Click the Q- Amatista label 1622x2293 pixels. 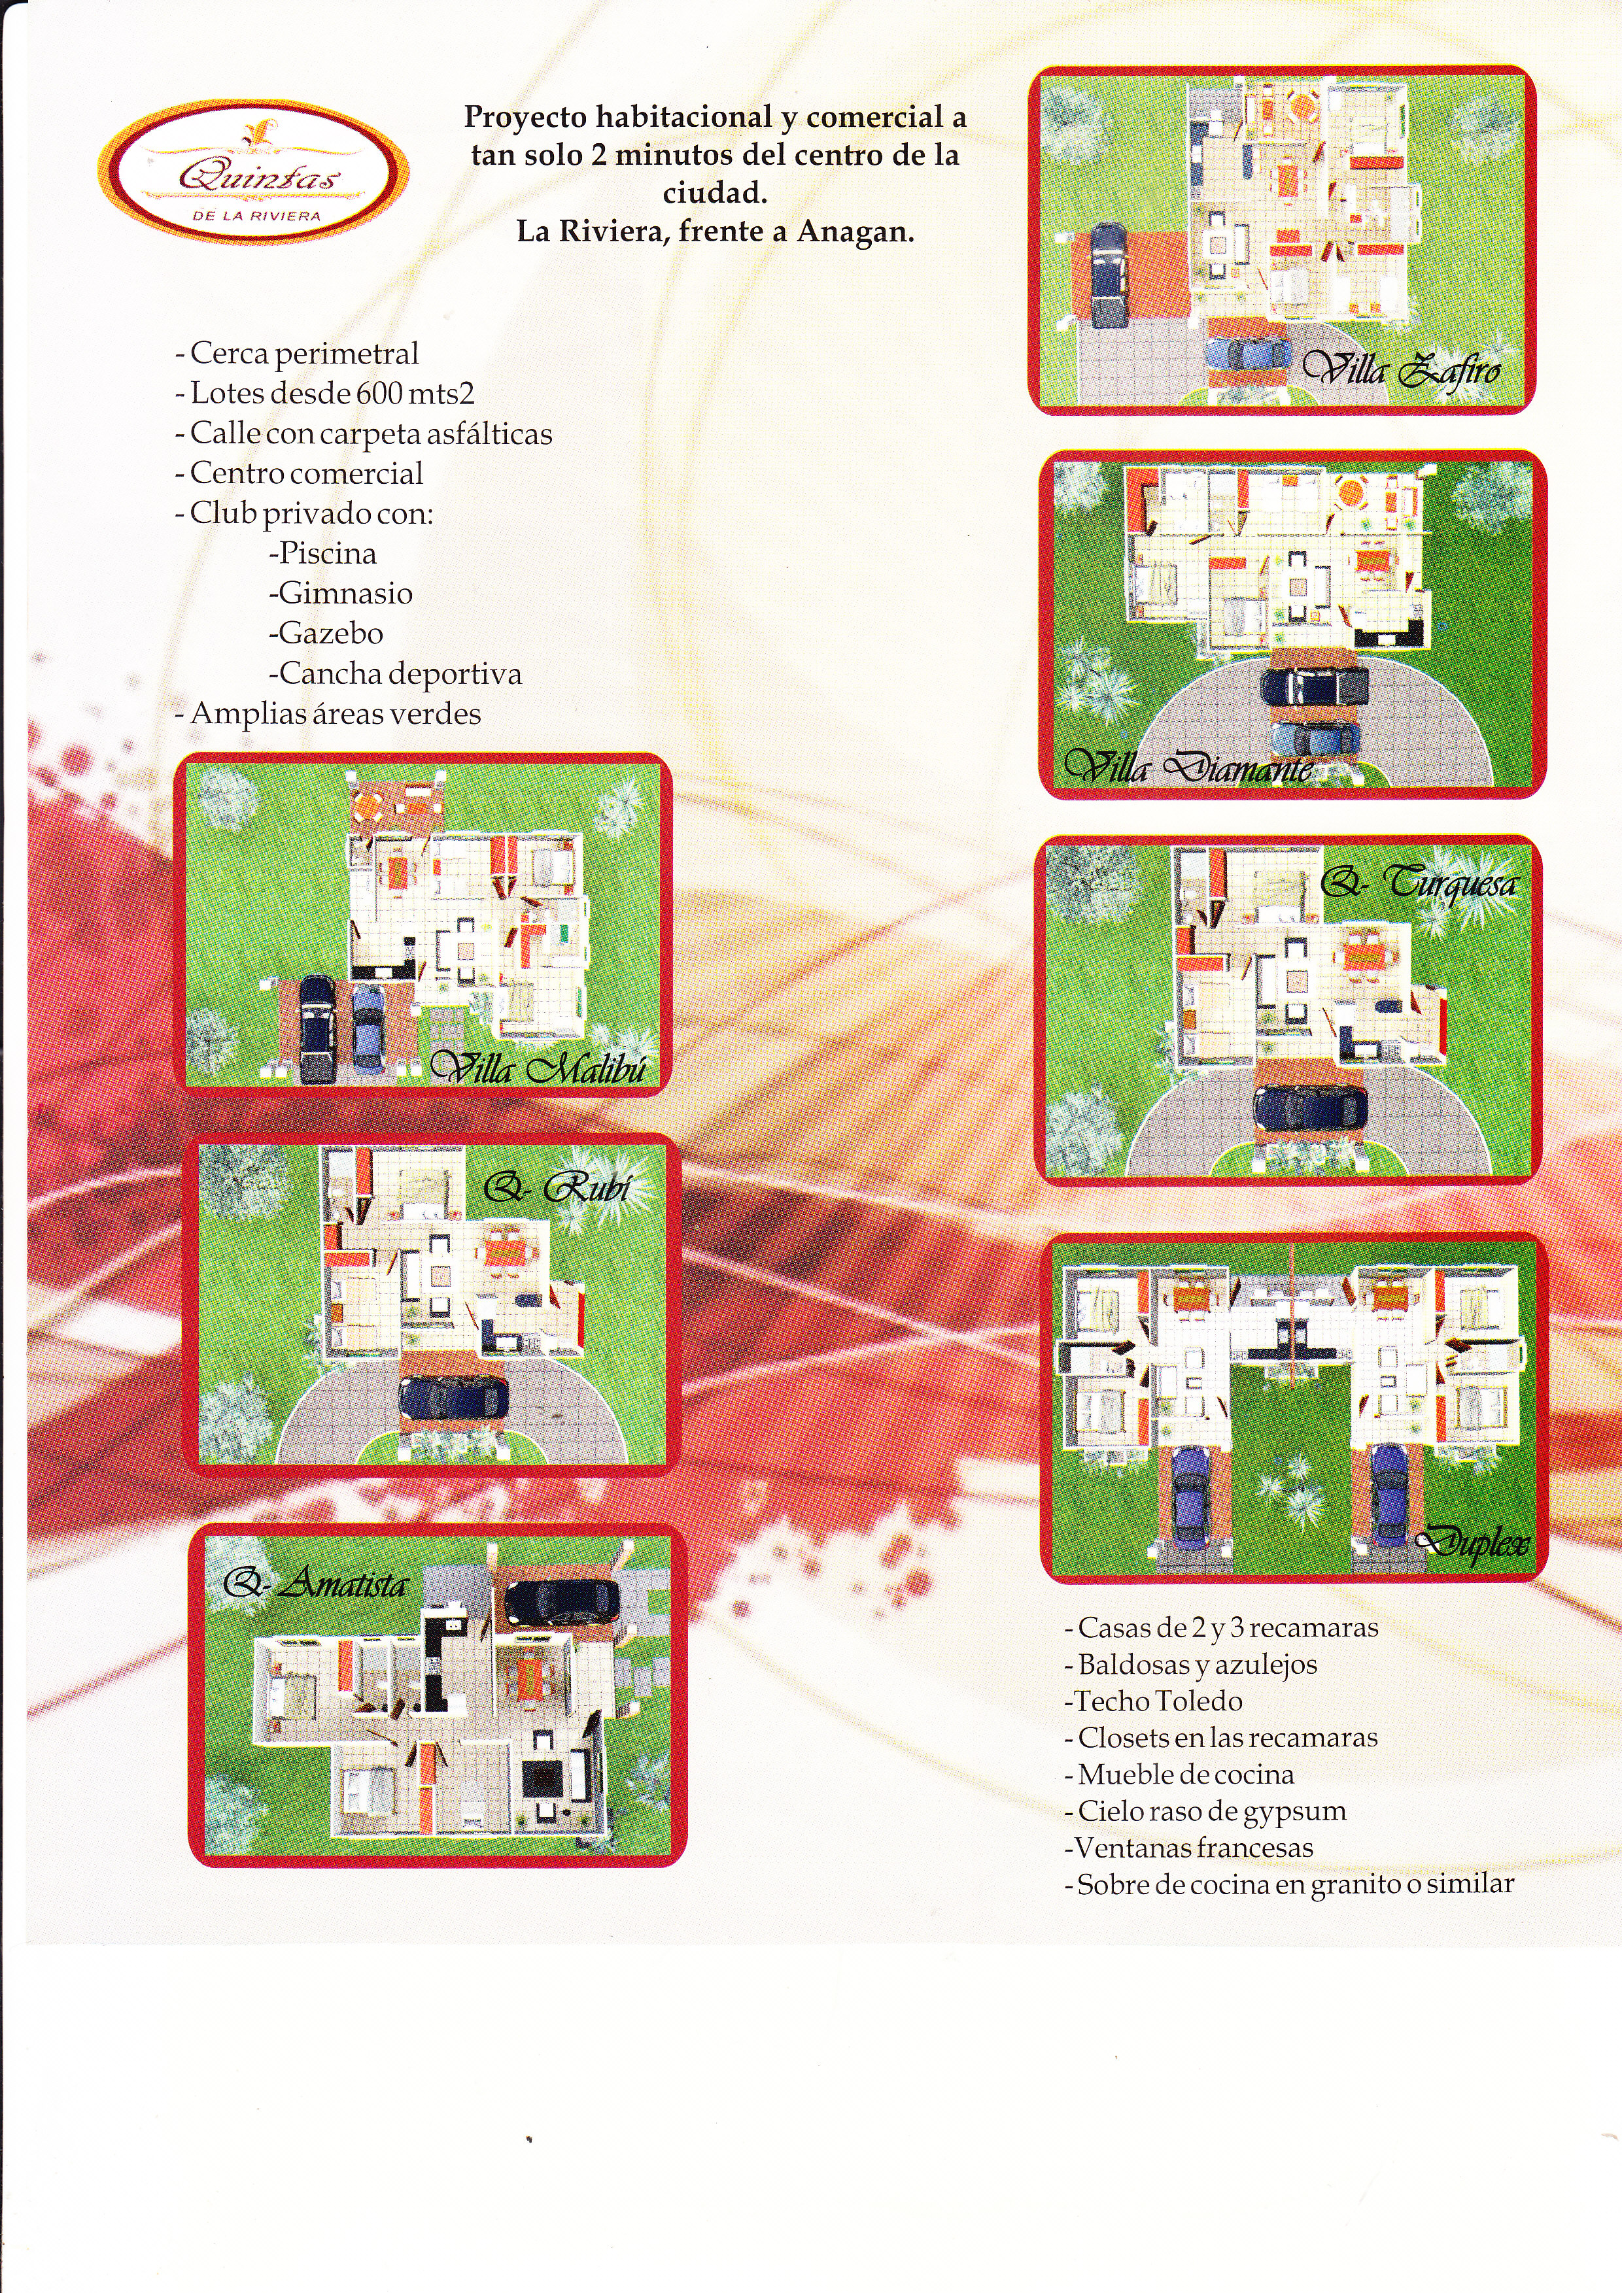[315, 1583]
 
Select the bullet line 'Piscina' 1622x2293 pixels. [322, 553]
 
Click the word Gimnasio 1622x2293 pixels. [345, 593]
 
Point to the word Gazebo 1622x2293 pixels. [330, 633]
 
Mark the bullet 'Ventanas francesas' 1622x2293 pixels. [1188, 1848]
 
